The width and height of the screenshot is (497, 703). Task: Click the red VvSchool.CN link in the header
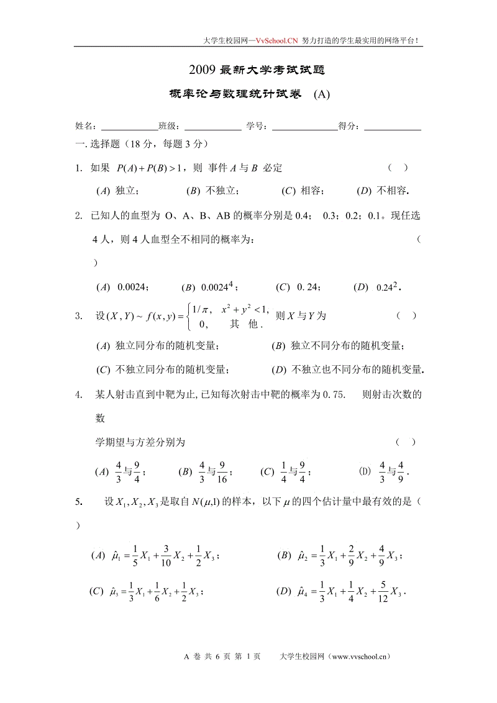pyautogui.click(x=277, y=40)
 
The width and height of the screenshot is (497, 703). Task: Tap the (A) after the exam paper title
pyautogui.click(x=321, y=94)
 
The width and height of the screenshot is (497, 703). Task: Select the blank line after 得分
pyautogui.click(x=392, y=126)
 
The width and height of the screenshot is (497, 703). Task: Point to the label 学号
pyautogui.click(x=257, y=126)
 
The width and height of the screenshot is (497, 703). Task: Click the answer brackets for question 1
pyautogui.click(x=398, y=167)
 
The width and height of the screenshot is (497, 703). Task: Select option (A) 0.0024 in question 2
pyautogui.click(x=122, y=287)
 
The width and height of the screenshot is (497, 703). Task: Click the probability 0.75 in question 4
pyautogui.click(x=334, y=394)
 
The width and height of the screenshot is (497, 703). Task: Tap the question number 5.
pyautogui.click(x=78, y=502)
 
